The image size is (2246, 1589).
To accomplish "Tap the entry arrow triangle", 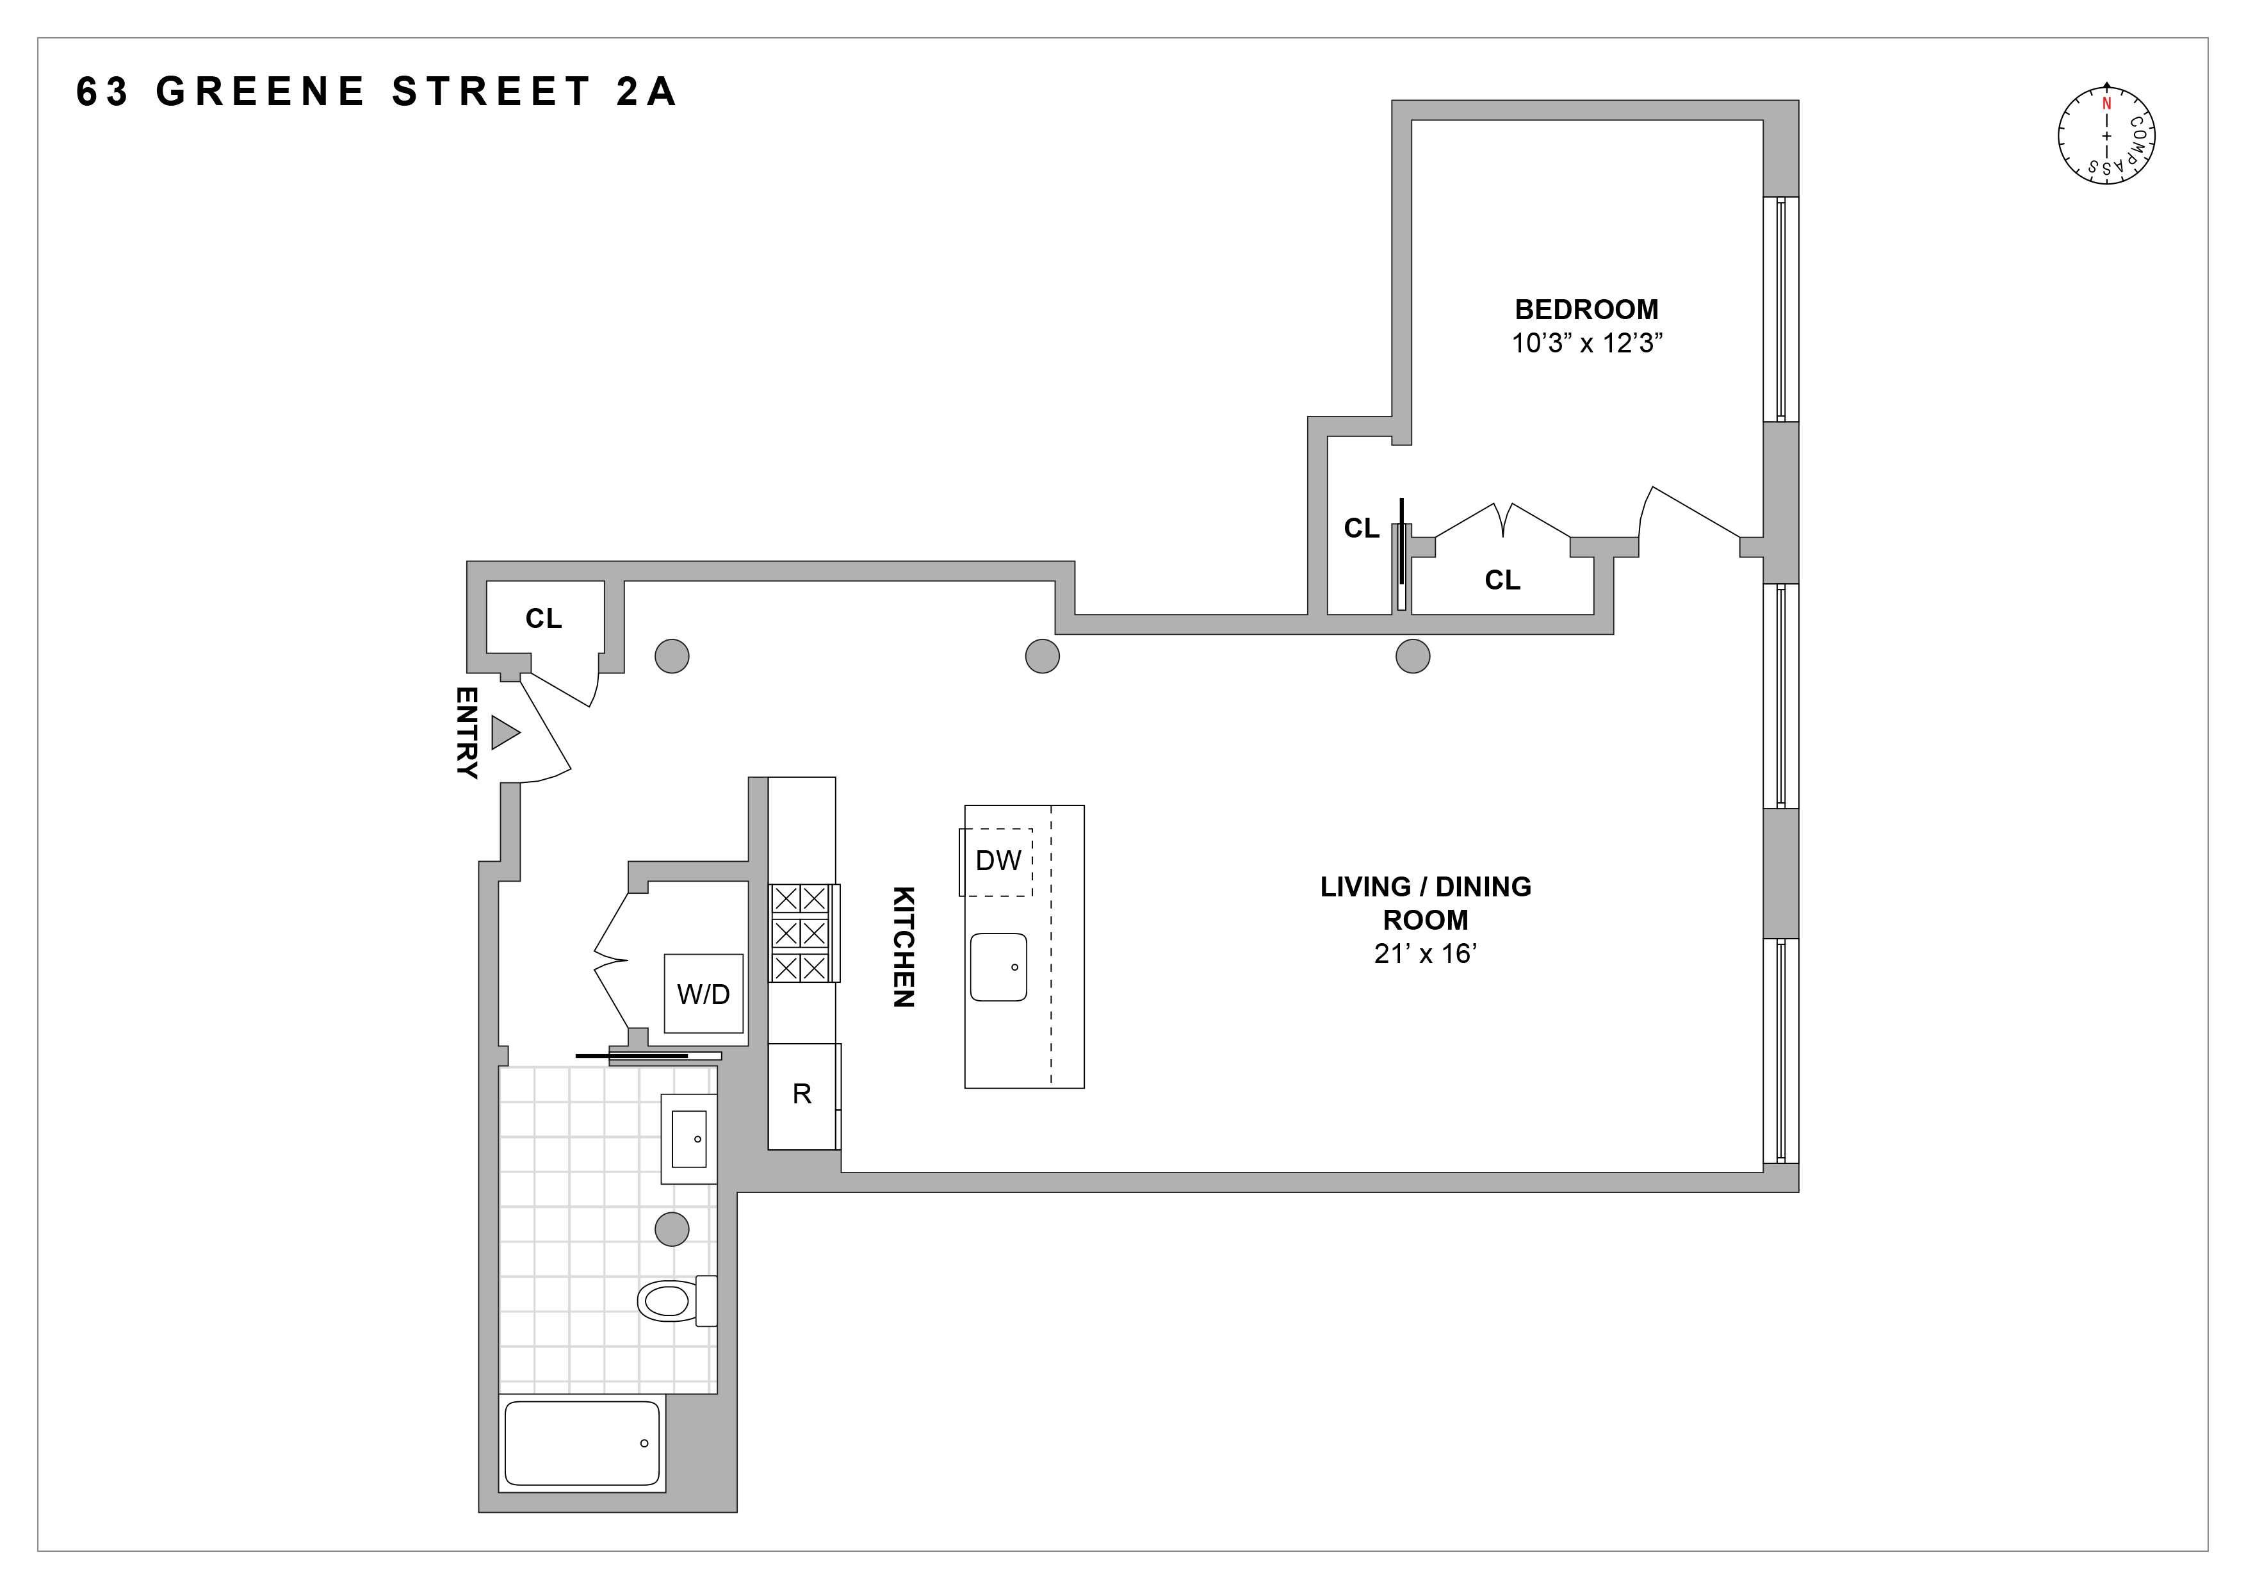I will pos(504,732).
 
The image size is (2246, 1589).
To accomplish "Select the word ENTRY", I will pos(468,732).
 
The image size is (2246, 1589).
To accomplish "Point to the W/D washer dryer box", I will pos(703,993).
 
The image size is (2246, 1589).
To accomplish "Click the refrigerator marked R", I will pos(802,1094).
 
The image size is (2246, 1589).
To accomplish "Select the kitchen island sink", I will pos(998,967).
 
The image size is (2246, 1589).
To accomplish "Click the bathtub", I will pos(582,1443).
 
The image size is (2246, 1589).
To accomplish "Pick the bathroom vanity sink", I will pos(688,1139).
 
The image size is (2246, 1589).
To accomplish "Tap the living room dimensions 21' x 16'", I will pos(1424,954).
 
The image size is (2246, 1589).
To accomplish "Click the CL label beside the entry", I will pos(544,618).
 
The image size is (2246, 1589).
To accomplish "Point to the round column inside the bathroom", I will pos(672,1228).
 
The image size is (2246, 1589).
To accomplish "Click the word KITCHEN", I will pos(904,946).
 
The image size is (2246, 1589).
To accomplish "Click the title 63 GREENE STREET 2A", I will pos(377,92).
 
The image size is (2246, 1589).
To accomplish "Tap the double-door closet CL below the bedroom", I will pos(1502,580).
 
